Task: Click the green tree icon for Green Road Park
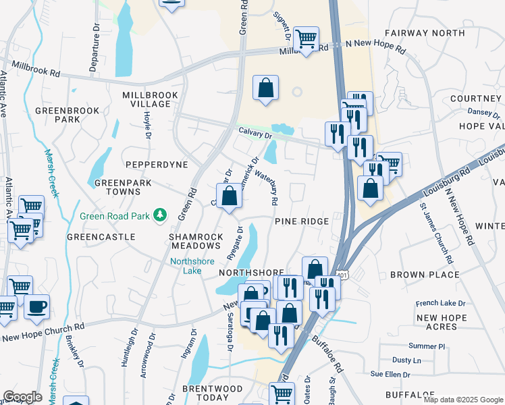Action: tap(160, 215)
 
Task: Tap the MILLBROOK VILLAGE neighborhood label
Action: tap(147, 99)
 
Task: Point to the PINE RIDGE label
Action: tap(302, 221)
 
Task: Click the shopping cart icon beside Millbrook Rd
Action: tap(306, 39)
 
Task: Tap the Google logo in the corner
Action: tap(22, 397)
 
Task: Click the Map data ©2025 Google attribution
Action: tap(463, 400)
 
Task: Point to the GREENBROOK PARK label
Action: tap(68, 115)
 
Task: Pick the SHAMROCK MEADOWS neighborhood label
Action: tap(196, 241)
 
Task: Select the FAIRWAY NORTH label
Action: tap(425, 32)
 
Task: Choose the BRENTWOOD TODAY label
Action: tap(213, 393)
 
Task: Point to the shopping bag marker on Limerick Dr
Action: tap(230, 196)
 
